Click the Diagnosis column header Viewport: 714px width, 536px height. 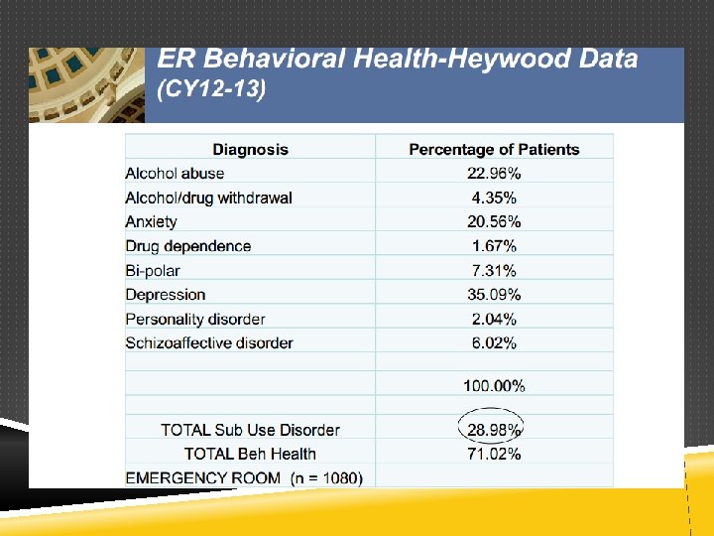[x=251, y=150]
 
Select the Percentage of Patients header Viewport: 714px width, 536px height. [x=494, y=150]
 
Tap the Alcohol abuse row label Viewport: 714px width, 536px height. [x=175, y=173]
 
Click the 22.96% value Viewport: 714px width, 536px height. [x=494, y=173]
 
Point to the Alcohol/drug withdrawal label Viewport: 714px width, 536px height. [x=208, y=198]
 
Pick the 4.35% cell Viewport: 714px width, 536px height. [x=494, y=198]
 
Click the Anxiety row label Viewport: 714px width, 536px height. [x=151, y=222]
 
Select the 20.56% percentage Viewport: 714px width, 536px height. [x=494, y=222]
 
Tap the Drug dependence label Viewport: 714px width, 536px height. [x=188, y=246]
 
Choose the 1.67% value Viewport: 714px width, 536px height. [x=494, y=246]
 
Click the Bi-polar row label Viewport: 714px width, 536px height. [x=153, y=271]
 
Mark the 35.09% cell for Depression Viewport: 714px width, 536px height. [x=494, y=295]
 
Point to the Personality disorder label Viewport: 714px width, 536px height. [x=195, y=319]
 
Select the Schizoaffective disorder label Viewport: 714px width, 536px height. [x=209, y=342]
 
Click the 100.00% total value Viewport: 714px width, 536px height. [x=494, y=386]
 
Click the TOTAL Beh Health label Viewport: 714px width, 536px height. [x=251, y=454]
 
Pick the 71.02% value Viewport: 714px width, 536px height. [x=494, y=454]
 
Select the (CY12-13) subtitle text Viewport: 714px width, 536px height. [x=211, y=88]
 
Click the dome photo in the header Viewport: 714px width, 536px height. [x=86, y=85]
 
